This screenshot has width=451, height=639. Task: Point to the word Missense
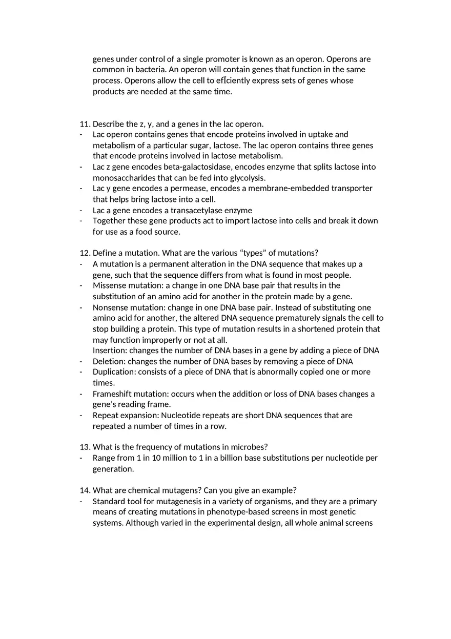(109, 285)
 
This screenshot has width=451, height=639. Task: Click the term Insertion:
(110, 351)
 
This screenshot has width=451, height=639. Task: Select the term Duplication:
(114, 372)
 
